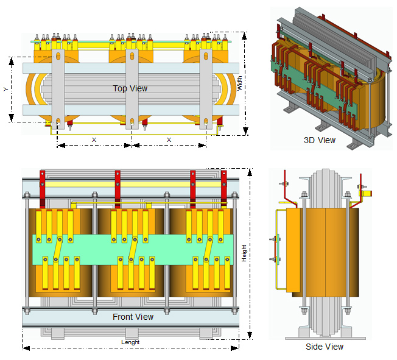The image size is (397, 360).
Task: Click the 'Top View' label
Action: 130,88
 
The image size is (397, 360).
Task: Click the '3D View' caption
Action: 320,140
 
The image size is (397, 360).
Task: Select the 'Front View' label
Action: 133,317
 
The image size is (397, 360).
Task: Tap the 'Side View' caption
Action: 324,347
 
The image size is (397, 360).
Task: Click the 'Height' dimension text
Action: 244,252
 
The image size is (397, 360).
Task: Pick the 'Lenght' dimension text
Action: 130,342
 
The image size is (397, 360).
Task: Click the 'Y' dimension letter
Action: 5,89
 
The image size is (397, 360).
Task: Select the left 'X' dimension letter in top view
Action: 94,139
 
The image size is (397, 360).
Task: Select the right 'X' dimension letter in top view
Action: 169,139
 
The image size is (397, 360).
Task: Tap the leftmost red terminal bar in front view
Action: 43,189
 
